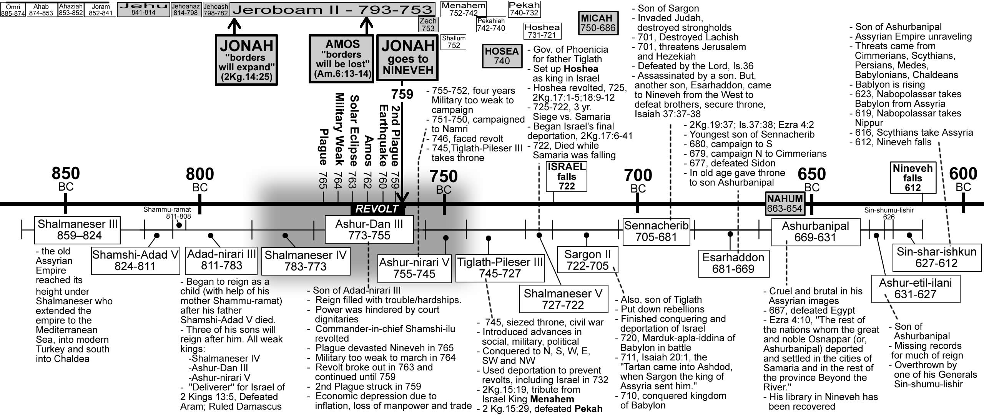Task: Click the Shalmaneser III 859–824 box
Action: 77,230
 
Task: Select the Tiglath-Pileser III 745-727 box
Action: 500,268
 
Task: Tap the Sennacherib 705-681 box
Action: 656,231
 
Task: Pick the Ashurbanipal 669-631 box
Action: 815,232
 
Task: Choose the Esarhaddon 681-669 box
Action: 733,263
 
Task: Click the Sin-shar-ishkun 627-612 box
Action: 936,257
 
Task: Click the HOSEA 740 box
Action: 502,56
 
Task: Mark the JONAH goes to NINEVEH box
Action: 407,58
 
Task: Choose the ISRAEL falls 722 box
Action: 567,177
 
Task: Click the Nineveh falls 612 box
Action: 913,178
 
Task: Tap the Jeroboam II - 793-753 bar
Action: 332,9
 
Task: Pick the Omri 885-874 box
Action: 13,10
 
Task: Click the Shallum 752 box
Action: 454,42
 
